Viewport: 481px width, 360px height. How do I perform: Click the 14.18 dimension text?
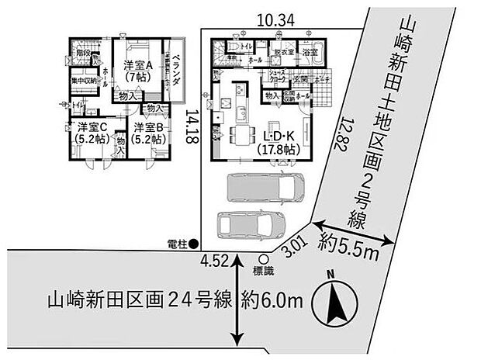190,129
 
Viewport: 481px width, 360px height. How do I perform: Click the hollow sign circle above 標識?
264,260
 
